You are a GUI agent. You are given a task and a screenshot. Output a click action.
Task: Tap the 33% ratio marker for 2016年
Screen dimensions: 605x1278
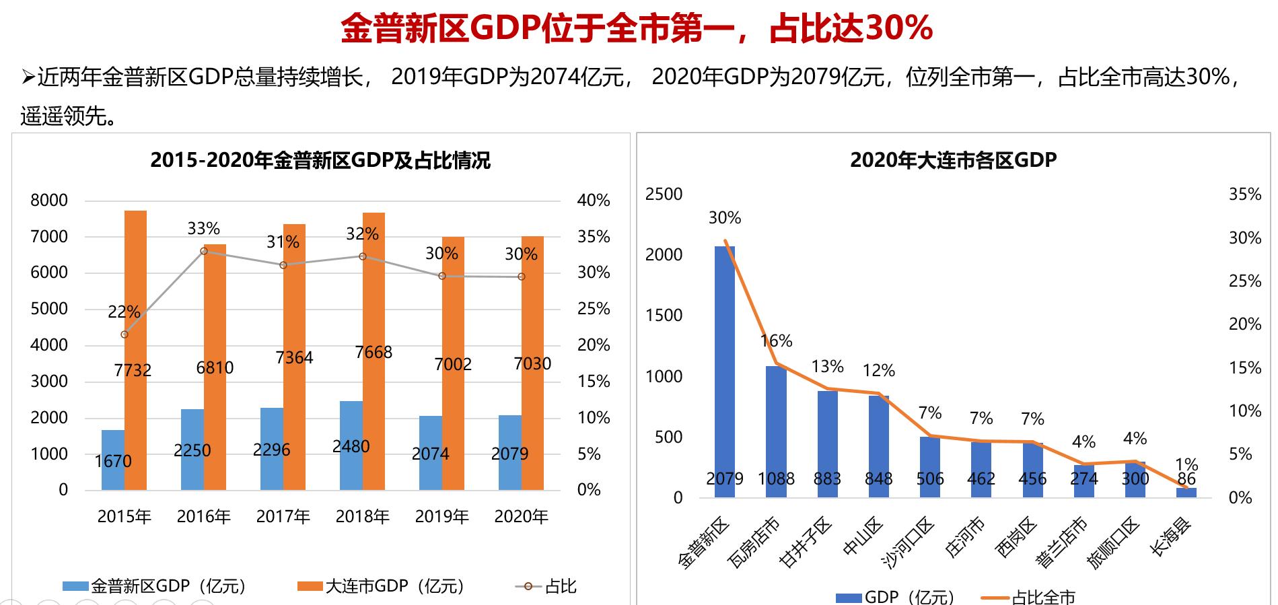pyautogui.click(x=204, y=251)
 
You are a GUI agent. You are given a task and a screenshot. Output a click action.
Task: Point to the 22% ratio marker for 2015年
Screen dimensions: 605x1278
pyautogui.click(x=125, y=334)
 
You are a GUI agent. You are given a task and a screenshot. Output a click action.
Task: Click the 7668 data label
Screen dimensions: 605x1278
pyautogui.click(x=374, y=353)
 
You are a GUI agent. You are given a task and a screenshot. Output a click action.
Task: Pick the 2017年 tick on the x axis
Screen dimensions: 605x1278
pyautogui.click(x=283, y=517)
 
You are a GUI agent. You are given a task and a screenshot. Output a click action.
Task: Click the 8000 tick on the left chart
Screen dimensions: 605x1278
pyautogui.click(x=49, y=201)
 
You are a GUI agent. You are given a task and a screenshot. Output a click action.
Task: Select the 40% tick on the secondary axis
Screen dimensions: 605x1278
pyautogui.click(x=593, y=201)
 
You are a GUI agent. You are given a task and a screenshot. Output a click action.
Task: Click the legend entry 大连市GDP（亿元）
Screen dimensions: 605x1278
pyautogui.click(x=381, y=587)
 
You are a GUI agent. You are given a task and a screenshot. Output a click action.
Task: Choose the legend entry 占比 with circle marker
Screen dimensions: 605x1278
pyautogui.click(x=546, y=587)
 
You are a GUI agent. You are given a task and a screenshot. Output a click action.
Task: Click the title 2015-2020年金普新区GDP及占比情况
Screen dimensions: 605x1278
pyautogui.click(x=320, y=161)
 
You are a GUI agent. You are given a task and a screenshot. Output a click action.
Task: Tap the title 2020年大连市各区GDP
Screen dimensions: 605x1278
pyautogui.click(x=953, y=160)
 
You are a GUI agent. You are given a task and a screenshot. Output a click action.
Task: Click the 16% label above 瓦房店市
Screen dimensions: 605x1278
pyautogui.click(x=777, y=341)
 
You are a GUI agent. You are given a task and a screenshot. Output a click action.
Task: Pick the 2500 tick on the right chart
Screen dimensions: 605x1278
pyautogui.click(x=664, y=194)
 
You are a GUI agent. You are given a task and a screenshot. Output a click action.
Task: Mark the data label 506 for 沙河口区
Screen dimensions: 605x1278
pyautogui.click(x=930, y=479)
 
